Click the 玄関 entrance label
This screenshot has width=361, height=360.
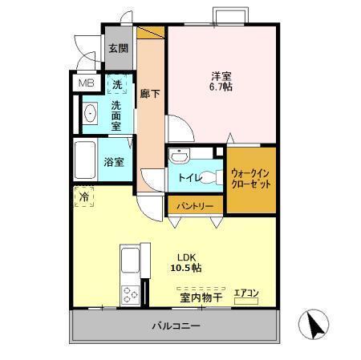pos(117,48)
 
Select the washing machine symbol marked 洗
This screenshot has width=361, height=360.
pos(117,83)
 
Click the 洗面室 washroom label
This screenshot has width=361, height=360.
pos(116,115)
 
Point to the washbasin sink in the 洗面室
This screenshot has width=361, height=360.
pos(90,114)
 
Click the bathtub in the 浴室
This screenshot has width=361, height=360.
pos(85,160)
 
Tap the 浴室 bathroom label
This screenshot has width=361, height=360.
pos(114,161)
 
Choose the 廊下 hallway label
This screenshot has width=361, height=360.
pos(150,92)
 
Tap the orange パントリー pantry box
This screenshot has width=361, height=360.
pos(194,206)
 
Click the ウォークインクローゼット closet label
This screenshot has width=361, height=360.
pos(250,177)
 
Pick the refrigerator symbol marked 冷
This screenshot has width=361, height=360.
pos(83,195)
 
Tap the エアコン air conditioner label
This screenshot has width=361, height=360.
pos(245,293)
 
